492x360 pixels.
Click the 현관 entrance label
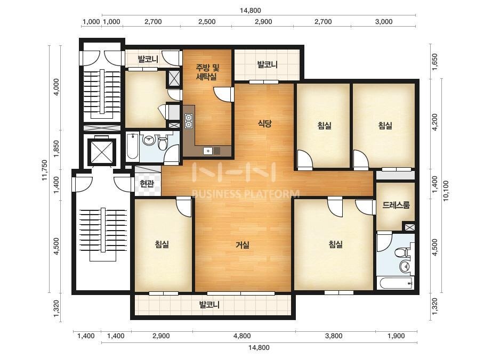[147, 183]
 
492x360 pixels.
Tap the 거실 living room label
[243, 244]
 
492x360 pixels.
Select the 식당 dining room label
[264, 123]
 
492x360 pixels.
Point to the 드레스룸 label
[396, 205]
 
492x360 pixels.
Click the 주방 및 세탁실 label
[207, 72]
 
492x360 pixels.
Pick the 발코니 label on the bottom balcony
[209, 305]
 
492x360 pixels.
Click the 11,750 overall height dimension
[44, 170]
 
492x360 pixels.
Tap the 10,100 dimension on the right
[446, 191]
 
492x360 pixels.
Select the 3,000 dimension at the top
[384, 22]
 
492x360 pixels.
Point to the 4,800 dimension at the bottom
[242, 336]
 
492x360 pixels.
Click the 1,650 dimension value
[434, 62]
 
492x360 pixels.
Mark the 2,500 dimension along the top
[207, 22]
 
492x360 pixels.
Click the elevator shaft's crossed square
[101, 152]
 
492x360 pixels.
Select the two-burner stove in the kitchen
[189, 121]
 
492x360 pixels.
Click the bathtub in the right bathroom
[396, 283]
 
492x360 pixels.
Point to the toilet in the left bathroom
[163, 143]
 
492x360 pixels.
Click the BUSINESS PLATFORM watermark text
[245, 194]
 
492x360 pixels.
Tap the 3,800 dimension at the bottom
[334, 336]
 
